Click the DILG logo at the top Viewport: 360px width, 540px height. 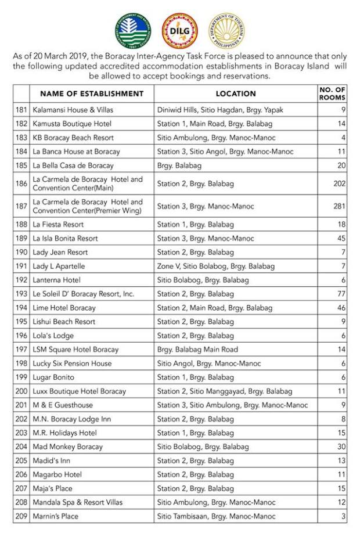(179, 31)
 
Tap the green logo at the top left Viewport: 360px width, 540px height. (132, 31)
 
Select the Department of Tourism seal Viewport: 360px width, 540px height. (226, 31)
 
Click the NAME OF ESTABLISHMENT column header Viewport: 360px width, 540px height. (92, 93)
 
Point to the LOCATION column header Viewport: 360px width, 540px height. (236, 93)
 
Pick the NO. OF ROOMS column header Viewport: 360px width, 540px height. (332, 93)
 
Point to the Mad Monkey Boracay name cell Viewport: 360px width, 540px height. (67, 447)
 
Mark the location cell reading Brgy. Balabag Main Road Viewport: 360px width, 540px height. (197, 350)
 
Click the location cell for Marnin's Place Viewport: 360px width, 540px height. (216, 516)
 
